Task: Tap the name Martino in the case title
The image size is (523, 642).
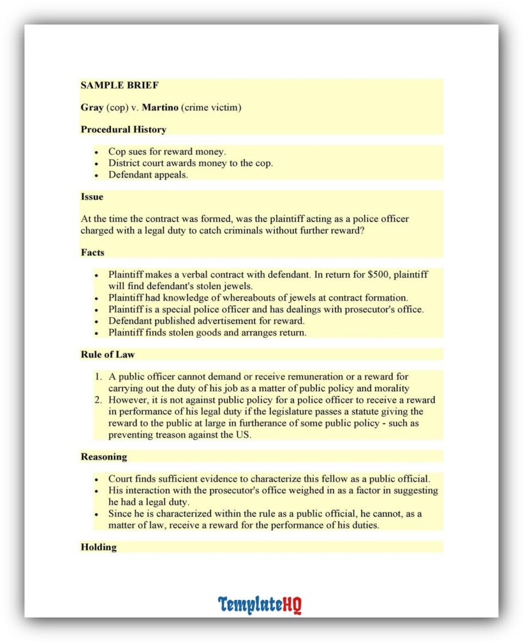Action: (160, 107)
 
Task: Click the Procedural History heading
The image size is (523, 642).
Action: (123, 130)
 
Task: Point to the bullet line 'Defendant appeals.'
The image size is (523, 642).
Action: (148, 175)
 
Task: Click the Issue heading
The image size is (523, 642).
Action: (91, 196)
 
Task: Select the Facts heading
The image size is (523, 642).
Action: (92, 252)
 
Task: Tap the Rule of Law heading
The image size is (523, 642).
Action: (107, 354)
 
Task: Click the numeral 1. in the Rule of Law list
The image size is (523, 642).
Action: (98, 377)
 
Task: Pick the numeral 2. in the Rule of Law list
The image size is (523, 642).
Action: (98, 400)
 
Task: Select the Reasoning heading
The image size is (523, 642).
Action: (103, 456)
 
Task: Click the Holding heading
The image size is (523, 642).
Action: (98, 547)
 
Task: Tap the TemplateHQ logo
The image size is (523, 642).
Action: (260, 604)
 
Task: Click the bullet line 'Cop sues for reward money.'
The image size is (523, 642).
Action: (167, 152)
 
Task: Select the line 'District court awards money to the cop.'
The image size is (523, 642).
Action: (190, 163)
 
